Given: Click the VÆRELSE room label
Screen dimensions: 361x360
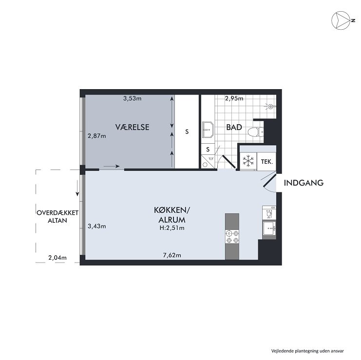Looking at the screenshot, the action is pyautogui.click(x=132, y=127).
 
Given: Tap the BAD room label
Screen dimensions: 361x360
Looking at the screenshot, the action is pyautogui.click(x=234, y=127).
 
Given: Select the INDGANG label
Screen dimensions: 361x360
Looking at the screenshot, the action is pyautogui.click(x=304, y=183).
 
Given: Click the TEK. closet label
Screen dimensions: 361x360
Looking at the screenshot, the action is pyautogui.click(x=267, y=162).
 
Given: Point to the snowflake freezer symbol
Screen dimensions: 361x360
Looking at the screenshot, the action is pyautogui.click(x=248, y=161).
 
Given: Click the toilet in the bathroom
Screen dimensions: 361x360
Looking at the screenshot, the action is pyautogui.click(x=256, y=132).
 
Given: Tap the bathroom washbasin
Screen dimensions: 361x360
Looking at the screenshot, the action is pyautogui.click(x=208, y=130).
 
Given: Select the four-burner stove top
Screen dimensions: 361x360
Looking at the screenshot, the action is pyautogui.click(x=232, y=237).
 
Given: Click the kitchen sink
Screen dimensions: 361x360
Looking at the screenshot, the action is pyautogui.click(x=269, y=228).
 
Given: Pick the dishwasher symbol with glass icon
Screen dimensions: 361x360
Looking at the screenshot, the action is pyautogui.click(x=269, y=212).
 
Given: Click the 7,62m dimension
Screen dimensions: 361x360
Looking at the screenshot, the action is pyautogui.click(x=172, y=255).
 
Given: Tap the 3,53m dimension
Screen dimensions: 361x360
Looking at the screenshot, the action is pyautogui.click(x=133, y=98).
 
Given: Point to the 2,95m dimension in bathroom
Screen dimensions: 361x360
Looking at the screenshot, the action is pyautogui.click(x=234, y=98).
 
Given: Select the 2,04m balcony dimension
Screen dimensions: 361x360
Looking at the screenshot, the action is pyautogui.click(x=57, y=258).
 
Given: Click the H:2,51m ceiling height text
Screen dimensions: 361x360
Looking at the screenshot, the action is pyautogui.click(x=172, y=228).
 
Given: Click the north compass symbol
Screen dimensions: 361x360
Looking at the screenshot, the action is pyautogui.click(x=341, y=20).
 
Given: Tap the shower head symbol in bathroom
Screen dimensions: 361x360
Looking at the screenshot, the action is pyautogui.click(x=270, y=106).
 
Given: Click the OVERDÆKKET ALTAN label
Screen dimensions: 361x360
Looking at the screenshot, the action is pyautogui.click(x=57, y=216).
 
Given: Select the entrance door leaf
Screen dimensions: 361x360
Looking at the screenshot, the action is pyautogui.click(x=269, y=180).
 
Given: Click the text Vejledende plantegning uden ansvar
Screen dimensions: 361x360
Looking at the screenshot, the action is pyautogui.click(x=307, y=351).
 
